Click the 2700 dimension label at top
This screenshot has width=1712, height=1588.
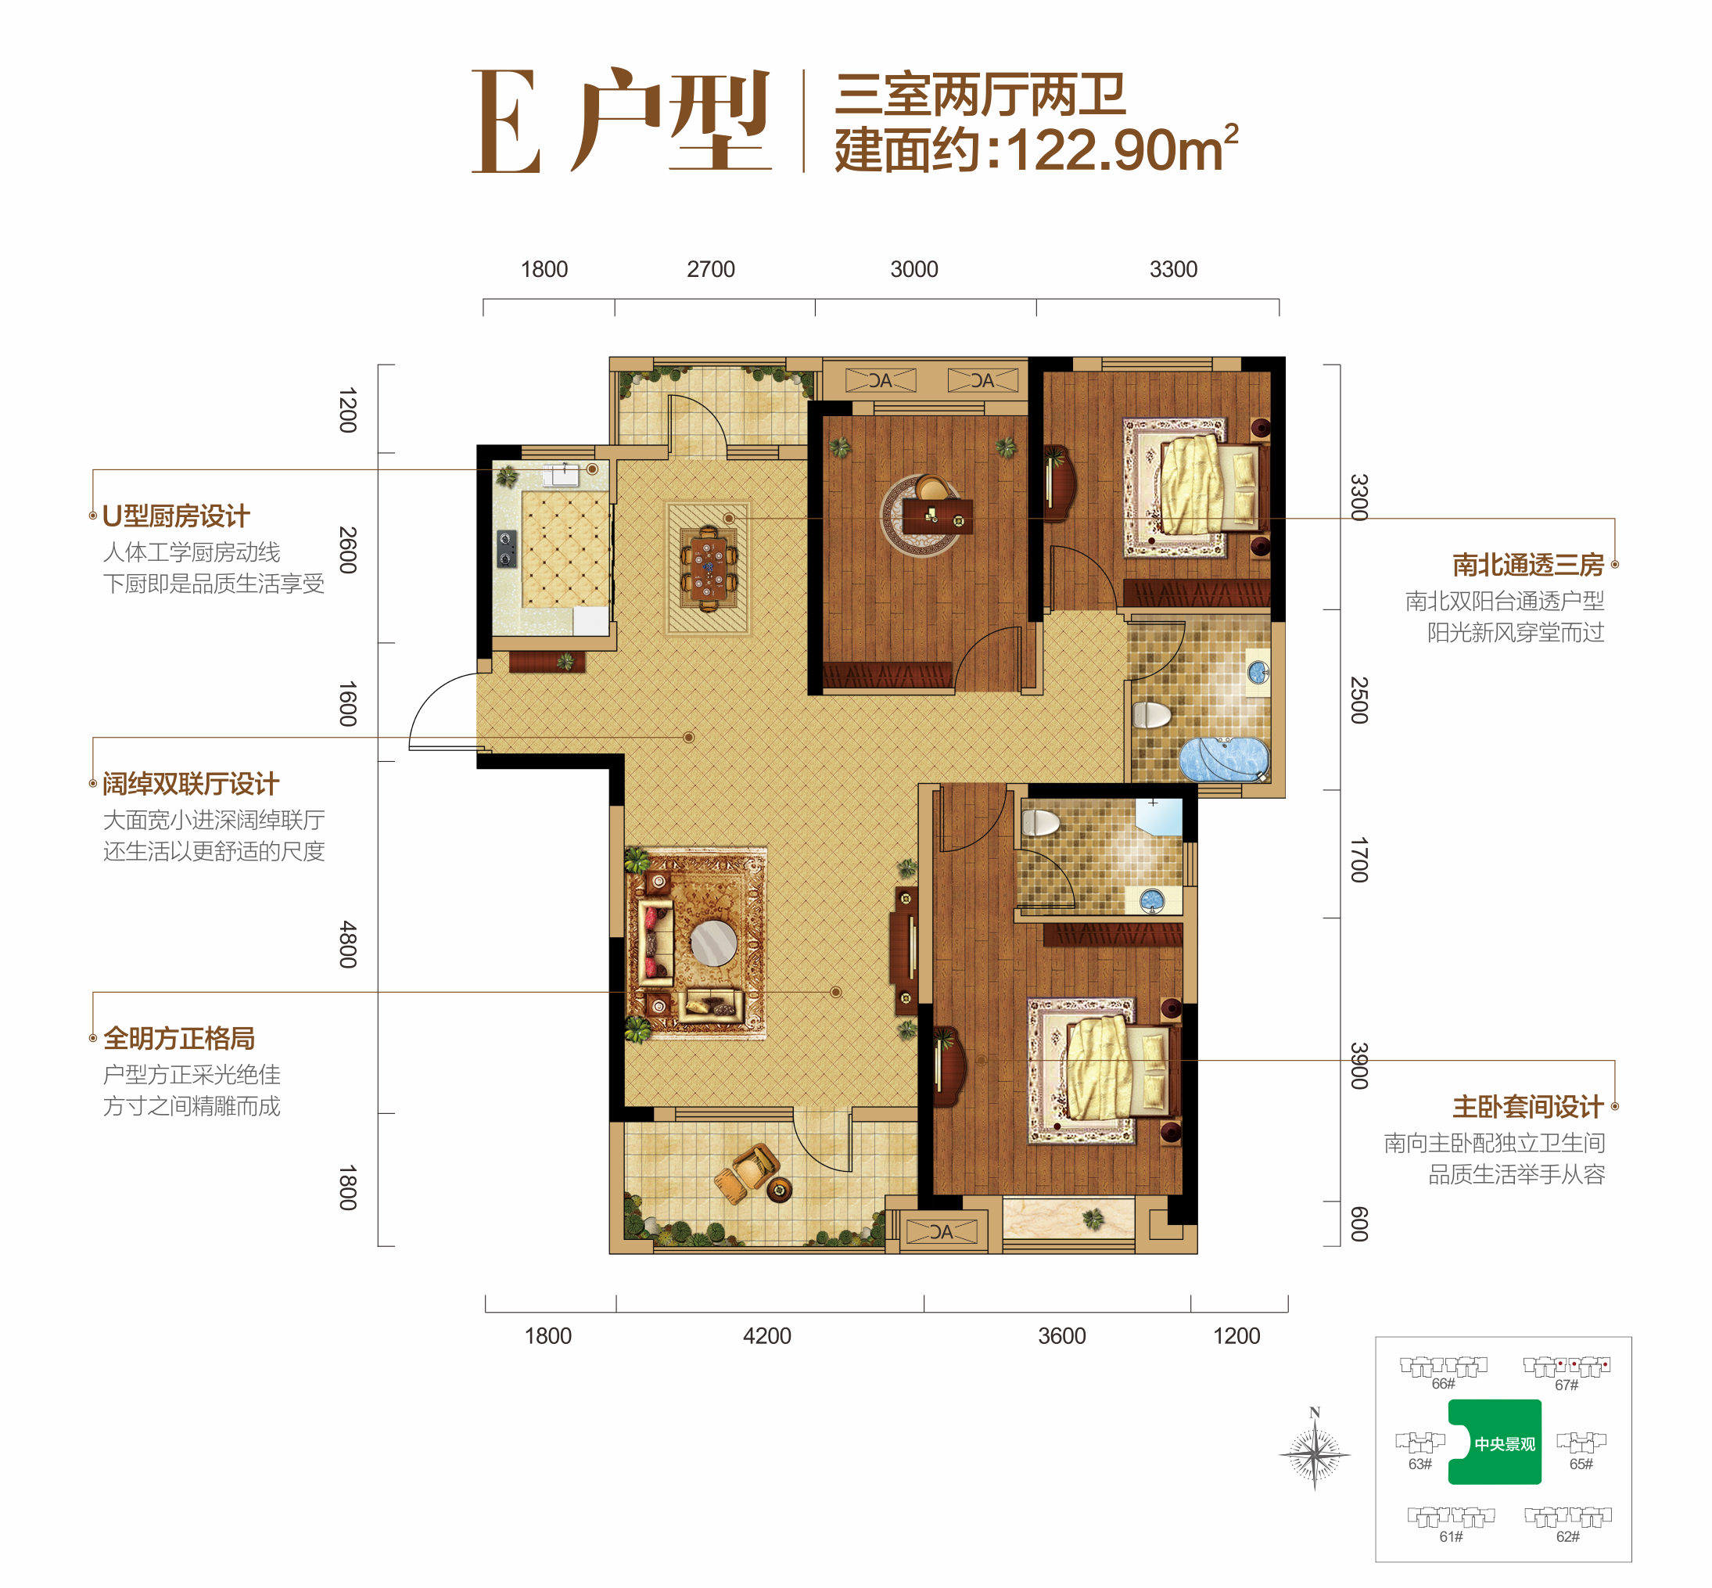pos(710,269)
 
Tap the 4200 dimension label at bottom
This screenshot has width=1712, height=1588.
pos(766,1335)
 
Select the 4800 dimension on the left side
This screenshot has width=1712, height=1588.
pos(347,943)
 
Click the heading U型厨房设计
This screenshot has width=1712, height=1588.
pos(176,516)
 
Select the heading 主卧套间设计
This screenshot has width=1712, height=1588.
pos(1527,1106)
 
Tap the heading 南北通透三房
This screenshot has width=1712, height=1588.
pos(1527,565)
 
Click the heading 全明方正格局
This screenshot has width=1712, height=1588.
pos(178,1038)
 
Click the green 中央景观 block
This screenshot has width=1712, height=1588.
pos(1495,1443)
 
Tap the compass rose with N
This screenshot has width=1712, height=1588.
pos(1314,1454)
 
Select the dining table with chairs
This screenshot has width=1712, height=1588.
pos(708,568)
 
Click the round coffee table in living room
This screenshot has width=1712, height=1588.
pos(713,943)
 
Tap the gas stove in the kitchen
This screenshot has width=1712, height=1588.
pos(507,548)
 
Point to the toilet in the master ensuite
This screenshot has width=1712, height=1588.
pos(1040,823)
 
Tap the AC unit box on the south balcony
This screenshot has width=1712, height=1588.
pos(942,1231)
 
